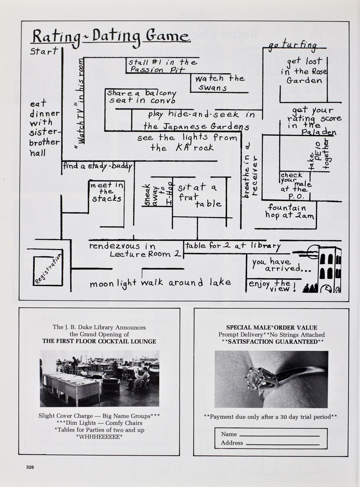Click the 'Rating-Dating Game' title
(111, 38)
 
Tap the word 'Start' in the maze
(44, 51)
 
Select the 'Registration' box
(48, 271)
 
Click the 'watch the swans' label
(219, 83)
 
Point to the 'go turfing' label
(293, 45)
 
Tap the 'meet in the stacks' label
(107, 192)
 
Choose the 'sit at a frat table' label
(199, 196)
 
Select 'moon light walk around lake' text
(161, 283)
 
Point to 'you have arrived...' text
(282, 265)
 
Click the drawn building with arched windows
(330, 270)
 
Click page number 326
(30, 467)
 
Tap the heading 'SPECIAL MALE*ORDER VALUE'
(272, 328)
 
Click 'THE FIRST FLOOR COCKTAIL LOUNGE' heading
(99, 341)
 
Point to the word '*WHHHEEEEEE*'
(99, 437)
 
